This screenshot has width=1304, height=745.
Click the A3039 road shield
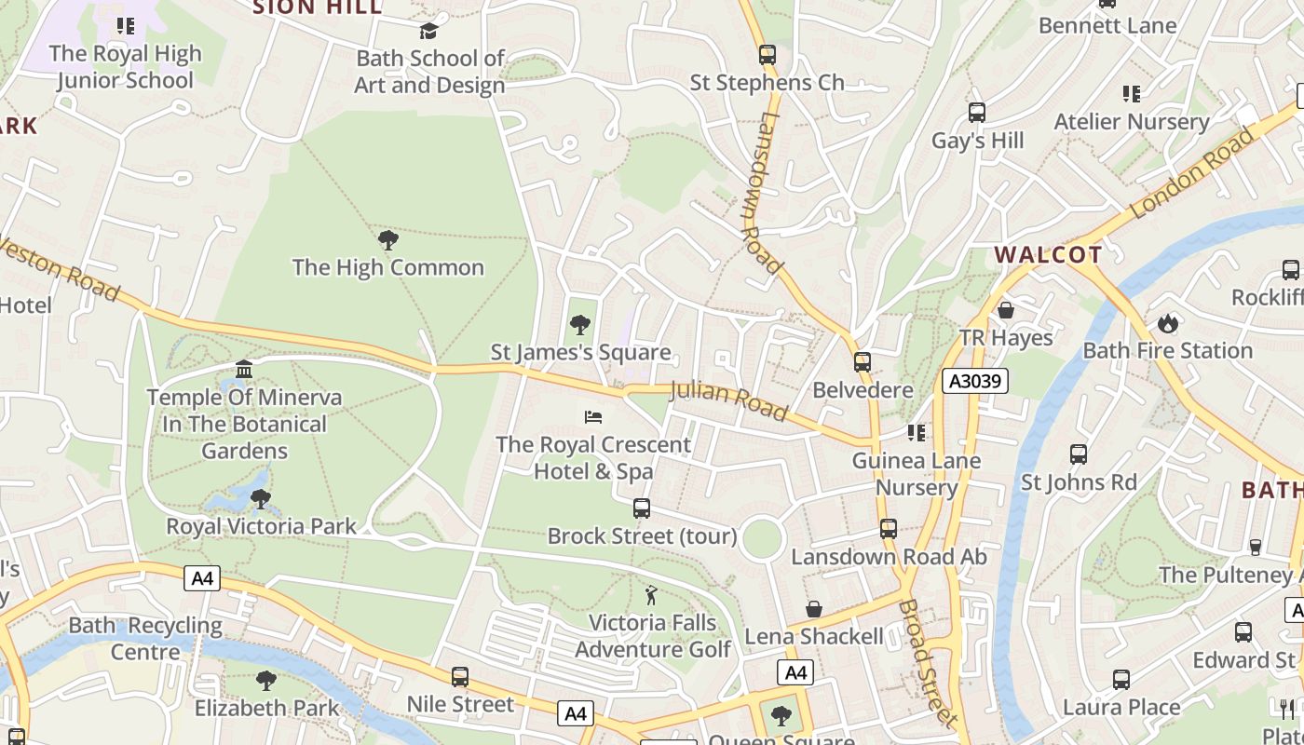[974, 381]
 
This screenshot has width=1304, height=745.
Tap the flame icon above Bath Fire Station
[1167, 324]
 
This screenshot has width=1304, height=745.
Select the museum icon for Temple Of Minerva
[244, 370]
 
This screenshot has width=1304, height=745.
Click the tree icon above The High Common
[387, 240]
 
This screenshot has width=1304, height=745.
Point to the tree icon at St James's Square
[580, 325]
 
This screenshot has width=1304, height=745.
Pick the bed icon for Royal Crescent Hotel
[593, 417]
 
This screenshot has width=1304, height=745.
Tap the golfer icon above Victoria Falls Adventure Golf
[651, 595]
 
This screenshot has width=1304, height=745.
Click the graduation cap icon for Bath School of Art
[428, 32]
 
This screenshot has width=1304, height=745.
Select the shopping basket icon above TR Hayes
[1005, 310]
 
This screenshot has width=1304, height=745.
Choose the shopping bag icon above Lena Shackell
[813, 609]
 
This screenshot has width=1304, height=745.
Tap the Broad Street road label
[927, 662]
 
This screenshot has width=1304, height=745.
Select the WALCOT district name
[1048, 255]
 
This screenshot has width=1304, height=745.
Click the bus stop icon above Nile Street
[459, 677]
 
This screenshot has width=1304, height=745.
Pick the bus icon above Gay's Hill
[976, 113]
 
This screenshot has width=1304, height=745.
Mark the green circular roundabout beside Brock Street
[762, 539]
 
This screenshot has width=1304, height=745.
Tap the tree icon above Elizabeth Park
[265, 681]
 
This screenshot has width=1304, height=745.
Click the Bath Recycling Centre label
[145, 638]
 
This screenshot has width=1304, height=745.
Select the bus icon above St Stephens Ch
[767, 55]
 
